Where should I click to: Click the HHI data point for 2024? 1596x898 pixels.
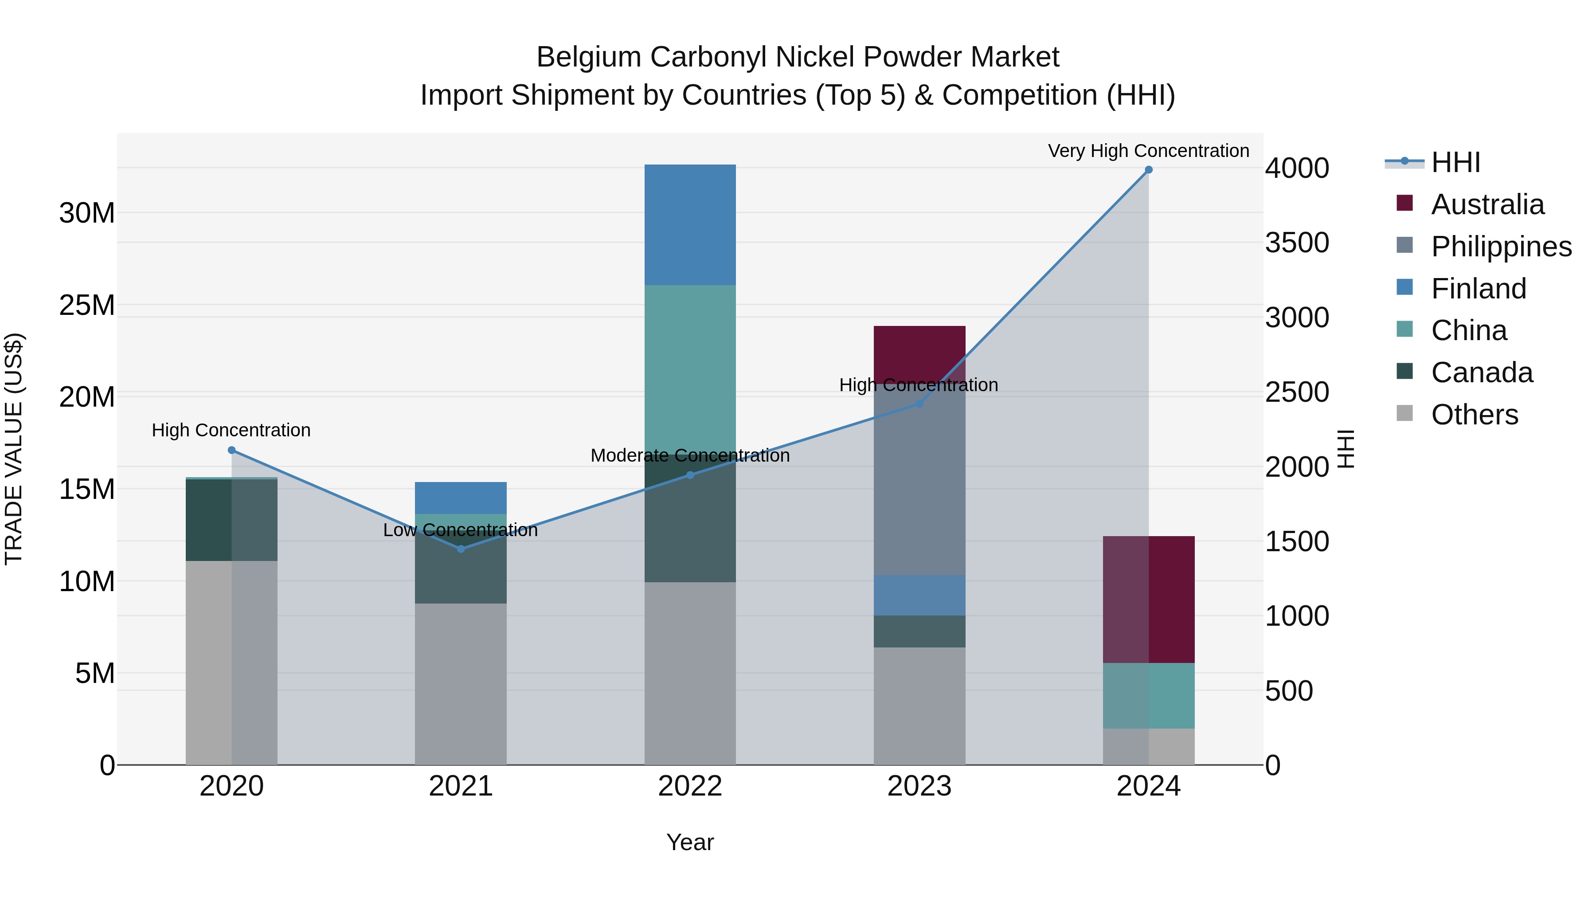[x=1148, y=170]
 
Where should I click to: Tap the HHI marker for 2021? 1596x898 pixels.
[x=460, y=549]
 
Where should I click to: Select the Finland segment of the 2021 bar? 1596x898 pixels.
[x=460, y=498]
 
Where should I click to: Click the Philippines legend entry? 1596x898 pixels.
[x=1501, y=247]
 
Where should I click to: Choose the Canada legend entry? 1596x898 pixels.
[x=1481, y=373]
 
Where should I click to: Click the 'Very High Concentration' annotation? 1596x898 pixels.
[x=1148, y=151]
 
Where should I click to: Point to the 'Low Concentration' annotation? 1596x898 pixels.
[x=460, y=530]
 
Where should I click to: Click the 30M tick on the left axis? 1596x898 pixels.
[x=87, y=213]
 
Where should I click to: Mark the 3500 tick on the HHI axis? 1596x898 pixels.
[x=1297, y=243]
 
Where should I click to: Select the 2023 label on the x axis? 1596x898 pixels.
[x=919, y=786]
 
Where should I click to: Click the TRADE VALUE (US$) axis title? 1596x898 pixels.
[x=14, y=449]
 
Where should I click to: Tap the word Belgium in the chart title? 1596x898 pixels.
[x=589, y=57]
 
